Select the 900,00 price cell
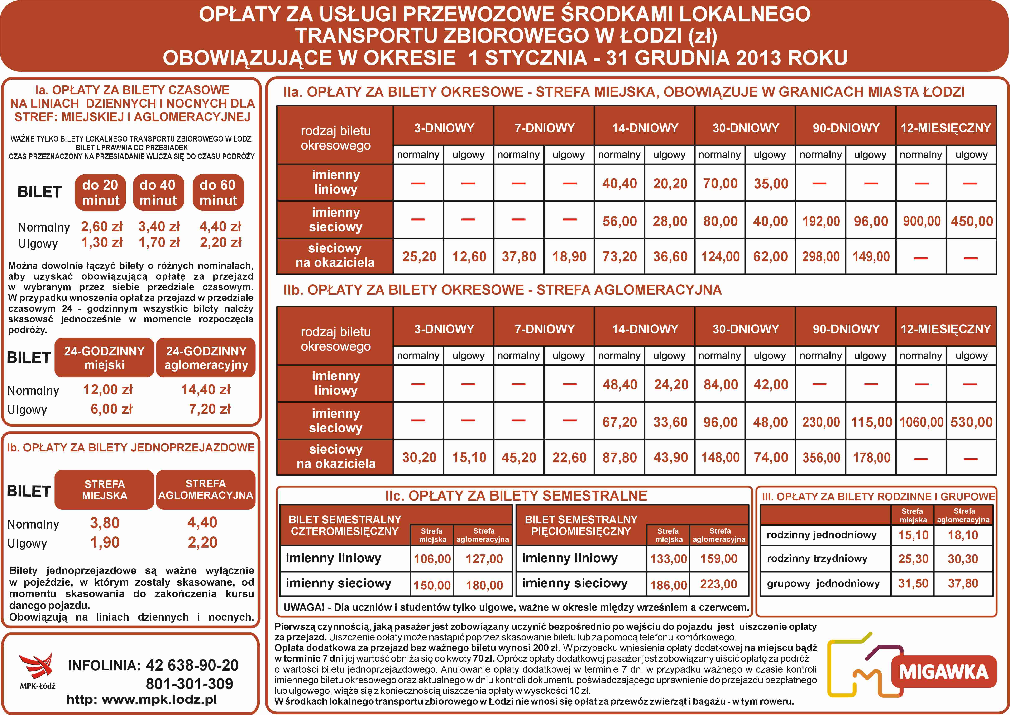tap(921, 221)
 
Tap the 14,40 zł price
tap(206, 390)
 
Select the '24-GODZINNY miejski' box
tap(104, 357)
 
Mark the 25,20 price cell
tap(419, 257)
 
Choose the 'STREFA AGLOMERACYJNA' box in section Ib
tap(206, 490)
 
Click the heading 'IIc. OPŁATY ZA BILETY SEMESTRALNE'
tap(516, 496)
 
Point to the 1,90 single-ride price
tap(105, 543)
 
